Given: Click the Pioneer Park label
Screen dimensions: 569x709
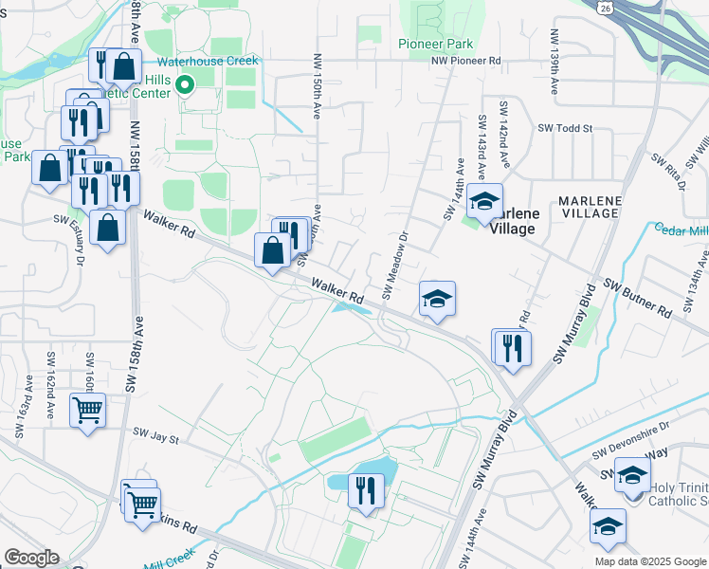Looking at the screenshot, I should (x=435, y=44).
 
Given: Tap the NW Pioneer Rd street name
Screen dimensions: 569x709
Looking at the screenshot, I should (x=465, y=61).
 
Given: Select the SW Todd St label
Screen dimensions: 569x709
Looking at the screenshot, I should (x=565, y=128).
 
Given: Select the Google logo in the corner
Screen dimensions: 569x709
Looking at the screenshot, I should (x=31, y=558).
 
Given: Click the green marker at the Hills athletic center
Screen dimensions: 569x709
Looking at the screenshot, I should (x=185, y=85).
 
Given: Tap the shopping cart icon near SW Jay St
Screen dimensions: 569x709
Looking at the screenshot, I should (x=88, y=411).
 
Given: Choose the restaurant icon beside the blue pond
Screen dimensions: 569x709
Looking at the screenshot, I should (x=364, y=490).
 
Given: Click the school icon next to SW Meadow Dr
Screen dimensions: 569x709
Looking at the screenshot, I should (x=437, y=299).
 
